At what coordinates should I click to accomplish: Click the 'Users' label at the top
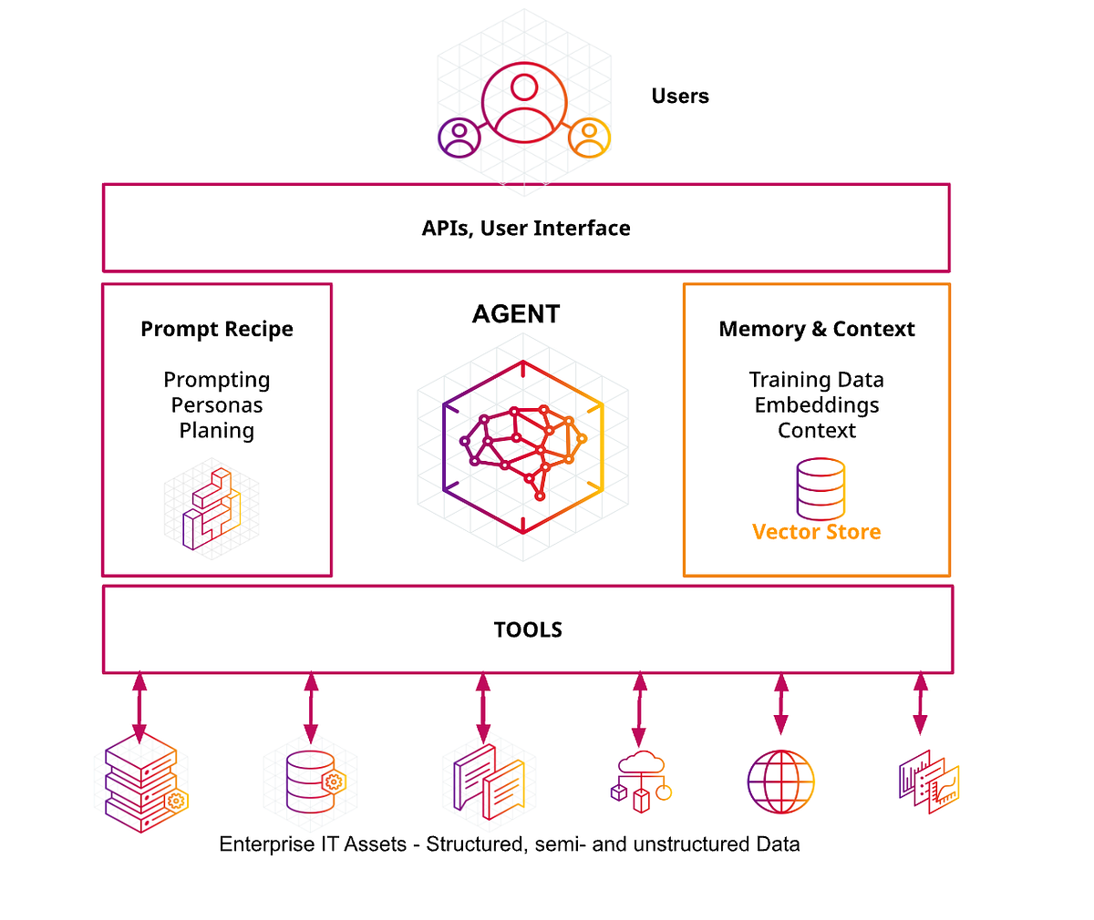coord(680,97)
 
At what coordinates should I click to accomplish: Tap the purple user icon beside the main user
coord(459,138)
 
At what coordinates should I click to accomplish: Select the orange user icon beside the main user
coord(589,138)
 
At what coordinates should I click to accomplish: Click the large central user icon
coord(524,101)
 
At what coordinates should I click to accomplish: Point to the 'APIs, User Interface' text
coord(526,229)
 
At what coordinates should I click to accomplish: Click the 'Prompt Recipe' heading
coord(217,330)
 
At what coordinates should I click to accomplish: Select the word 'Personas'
coord(217,405)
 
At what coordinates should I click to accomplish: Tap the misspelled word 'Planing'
coord(217,431)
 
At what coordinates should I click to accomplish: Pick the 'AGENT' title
coord(516,314)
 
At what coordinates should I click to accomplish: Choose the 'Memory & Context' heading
coord(817,330)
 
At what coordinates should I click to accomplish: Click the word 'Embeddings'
coord(817,405)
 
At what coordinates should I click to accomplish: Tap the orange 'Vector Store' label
coord(817,532)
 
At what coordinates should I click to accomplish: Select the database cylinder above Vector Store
coord(820,489)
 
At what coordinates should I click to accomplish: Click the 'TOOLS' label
coord(528,630)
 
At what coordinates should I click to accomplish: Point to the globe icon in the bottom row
coord(780,782)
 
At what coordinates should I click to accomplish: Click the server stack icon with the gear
coord(144,783)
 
